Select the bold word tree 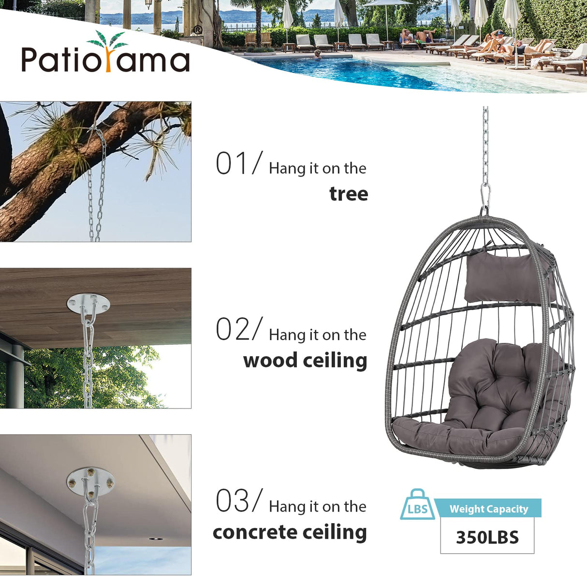click(x=349, y=194)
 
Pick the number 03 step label click(x=234, y=501)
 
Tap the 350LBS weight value click(x=487, y=537)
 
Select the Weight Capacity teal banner click(x=488, y=509)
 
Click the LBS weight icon click(x=417, y=506)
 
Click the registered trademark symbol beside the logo click(x=197, y=30)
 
